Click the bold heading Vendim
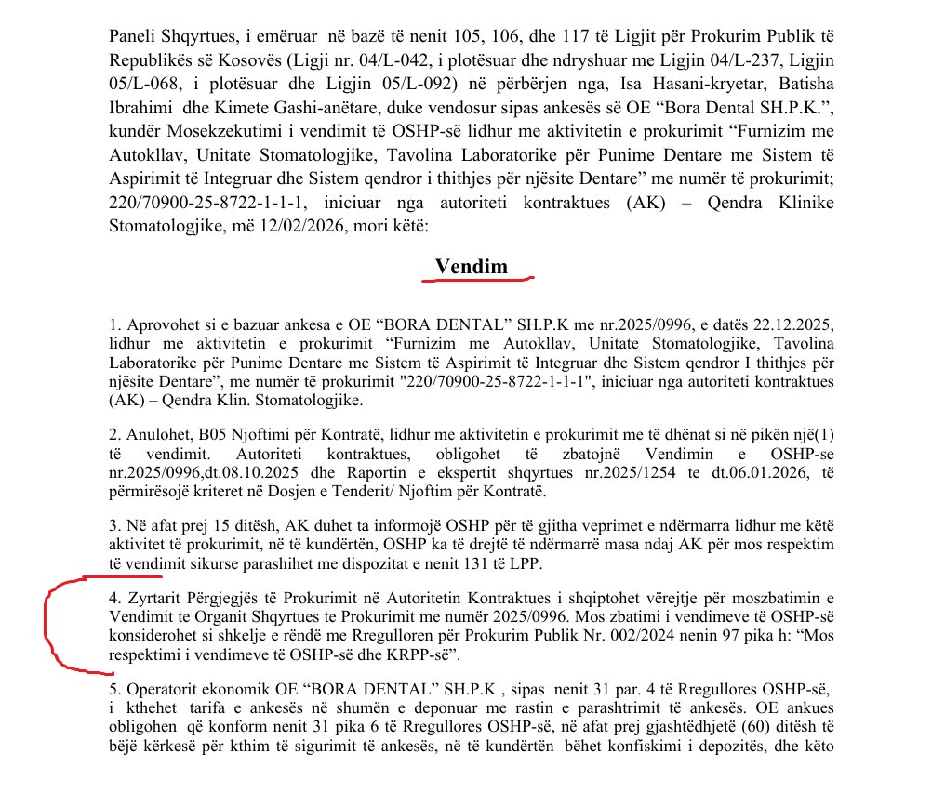pos(472,266)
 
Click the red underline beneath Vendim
pos(476,278)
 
